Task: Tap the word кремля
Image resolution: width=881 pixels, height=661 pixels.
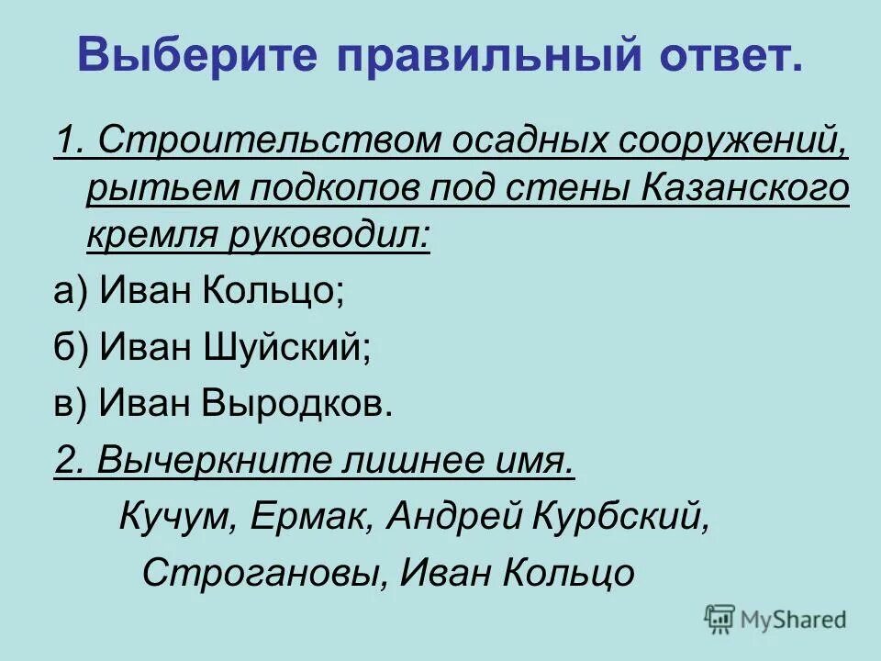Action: pyautogui.click(x=143, y=237)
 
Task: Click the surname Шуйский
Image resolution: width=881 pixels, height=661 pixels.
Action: pyautogui.click(x=287, y=350)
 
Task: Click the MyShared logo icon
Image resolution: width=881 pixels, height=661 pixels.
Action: pyautogui.click(x=719, y=620)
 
